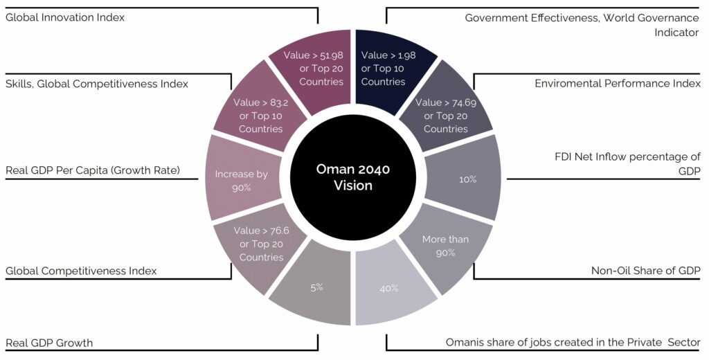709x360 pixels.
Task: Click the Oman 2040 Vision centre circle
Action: [x=353, y=177]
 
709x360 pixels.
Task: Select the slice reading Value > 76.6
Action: [x=260, y=246]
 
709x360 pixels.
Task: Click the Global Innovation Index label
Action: [x=64, y=17]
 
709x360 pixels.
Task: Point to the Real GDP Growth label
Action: [x=49, y=343]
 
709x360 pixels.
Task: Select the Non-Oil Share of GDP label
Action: [x=646, y=271]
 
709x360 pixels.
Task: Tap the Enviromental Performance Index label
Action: [x=618, y=84]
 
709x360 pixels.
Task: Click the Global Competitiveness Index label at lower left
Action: [x=81, y=271]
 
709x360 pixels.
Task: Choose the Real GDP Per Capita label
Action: [x=93, y=170]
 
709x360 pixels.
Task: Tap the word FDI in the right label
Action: [x=563, y=156]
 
